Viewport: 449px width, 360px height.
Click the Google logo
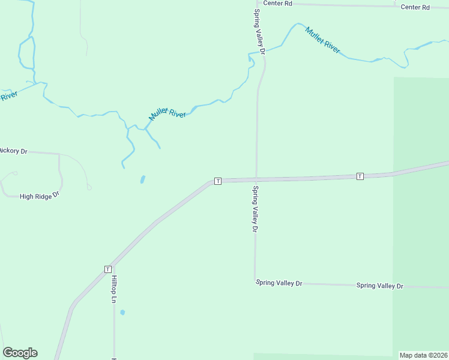click(20, 353)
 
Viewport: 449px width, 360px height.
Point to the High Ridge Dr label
click(40, 196)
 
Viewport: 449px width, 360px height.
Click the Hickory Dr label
click(13, 151)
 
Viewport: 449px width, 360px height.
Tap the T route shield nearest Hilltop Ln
click(108, 269)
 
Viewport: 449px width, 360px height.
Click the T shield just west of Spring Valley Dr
click(218, 181)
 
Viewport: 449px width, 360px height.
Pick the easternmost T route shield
click(360, 176)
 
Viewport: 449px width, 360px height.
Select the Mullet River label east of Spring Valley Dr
click(323, 40)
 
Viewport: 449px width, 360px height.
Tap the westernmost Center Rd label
click(277, 4)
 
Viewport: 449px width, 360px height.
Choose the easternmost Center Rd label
click(415, 7)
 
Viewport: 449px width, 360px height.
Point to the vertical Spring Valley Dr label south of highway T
click(255, 209)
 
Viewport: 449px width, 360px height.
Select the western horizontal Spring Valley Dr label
click(279, 283)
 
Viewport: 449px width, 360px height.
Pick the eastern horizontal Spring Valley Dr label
click(379, 286)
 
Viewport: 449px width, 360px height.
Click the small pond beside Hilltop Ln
click(122, 313)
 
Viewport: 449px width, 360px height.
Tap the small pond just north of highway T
click(142, 179)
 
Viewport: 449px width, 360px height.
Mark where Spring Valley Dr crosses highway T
click(256, 179)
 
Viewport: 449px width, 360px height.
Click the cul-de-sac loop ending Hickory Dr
click(89, 188)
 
